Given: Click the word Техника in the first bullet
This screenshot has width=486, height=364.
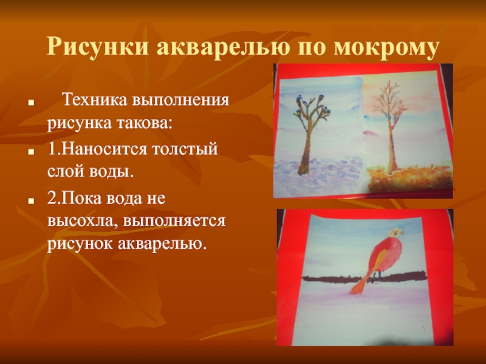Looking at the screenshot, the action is click(95, 100).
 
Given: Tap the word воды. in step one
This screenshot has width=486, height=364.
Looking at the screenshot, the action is click(112, 172).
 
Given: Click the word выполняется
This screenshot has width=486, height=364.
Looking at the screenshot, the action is click(174, 221).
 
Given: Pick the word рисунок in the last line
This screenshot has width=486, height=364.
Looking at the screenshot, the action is click(80, 244).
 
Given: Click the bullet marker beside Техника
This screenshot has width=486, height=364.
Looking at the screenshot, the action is click(30, 102).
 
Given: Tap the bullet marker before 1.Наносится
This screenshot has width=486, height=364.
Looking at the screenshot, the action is click(30, 152).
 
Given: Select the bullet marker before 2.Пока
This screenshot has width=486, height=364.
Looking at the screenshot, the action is click(30, 201).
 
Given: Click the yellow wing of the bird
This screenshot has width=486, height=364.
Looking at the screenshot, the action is click(377, 262).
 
